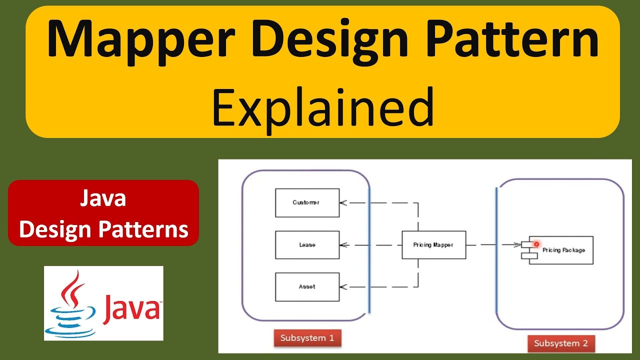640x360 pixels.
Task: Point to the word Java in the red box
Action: coord(103,199)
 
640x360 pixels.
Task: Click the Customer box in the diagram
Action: coord(307,202)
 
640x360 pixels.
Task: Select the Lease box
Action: coord(307,245)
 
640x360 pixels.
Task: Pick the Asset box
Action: coord(307,287)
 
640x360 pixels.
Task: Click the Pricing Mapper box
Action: coord(433,245)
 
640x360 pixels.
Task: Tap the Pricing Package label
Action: coord(563,250)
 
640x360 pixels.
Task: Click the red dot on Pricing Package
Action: coord(536,244)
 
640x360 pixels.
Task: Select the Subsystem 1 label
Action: coord(307,338)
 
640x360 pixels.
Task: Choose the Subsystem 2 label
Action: coord(560,343)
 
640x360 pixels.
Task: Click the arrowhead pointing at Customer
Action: coord(343,202)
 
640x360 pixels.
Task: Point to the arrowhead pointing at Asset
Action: coord(343,287)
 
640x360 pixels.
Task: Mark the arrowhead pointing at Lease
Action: coord(343,245)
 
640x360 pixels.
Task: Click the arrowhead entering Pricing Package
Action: coord(517,245)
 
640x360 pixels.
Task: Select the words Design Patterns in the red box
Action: coord(103,229)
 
